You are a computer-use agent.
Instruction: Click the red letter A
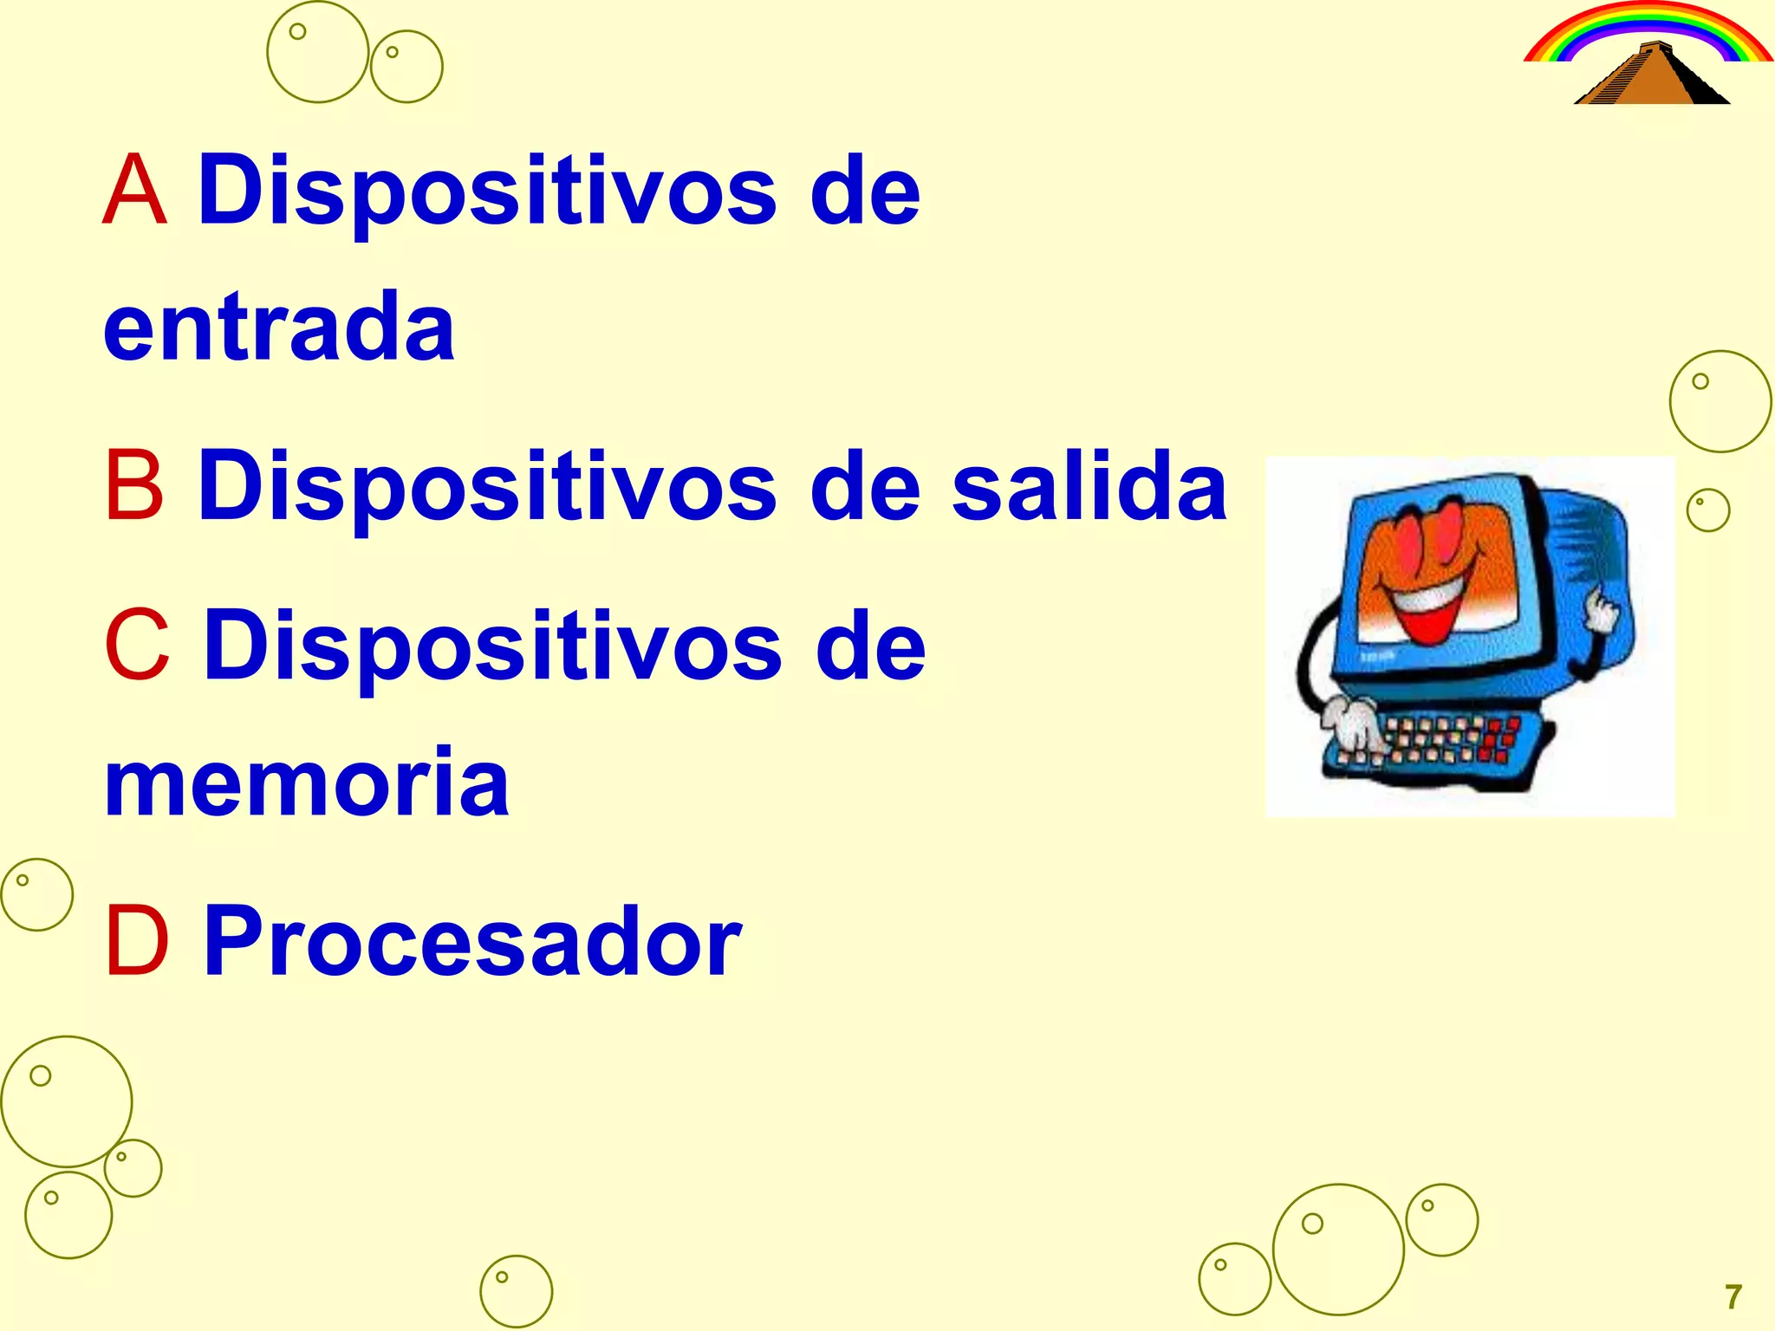134,190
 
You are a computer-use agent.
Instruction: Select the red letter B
134,485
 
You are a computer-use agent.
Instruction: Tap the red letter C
136,646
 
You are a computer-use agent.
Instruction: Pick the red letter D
136,941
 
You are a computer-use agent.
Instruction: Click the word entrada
279,327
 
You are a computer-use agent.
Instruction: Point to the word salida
1089,485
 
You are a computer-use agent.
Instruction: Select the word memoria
307,782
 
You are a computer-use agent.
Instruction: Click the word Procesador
472,941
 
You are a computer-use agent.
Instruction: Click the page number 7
1733,1297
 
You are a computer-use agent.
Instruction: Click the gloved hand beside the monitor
1601,611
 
